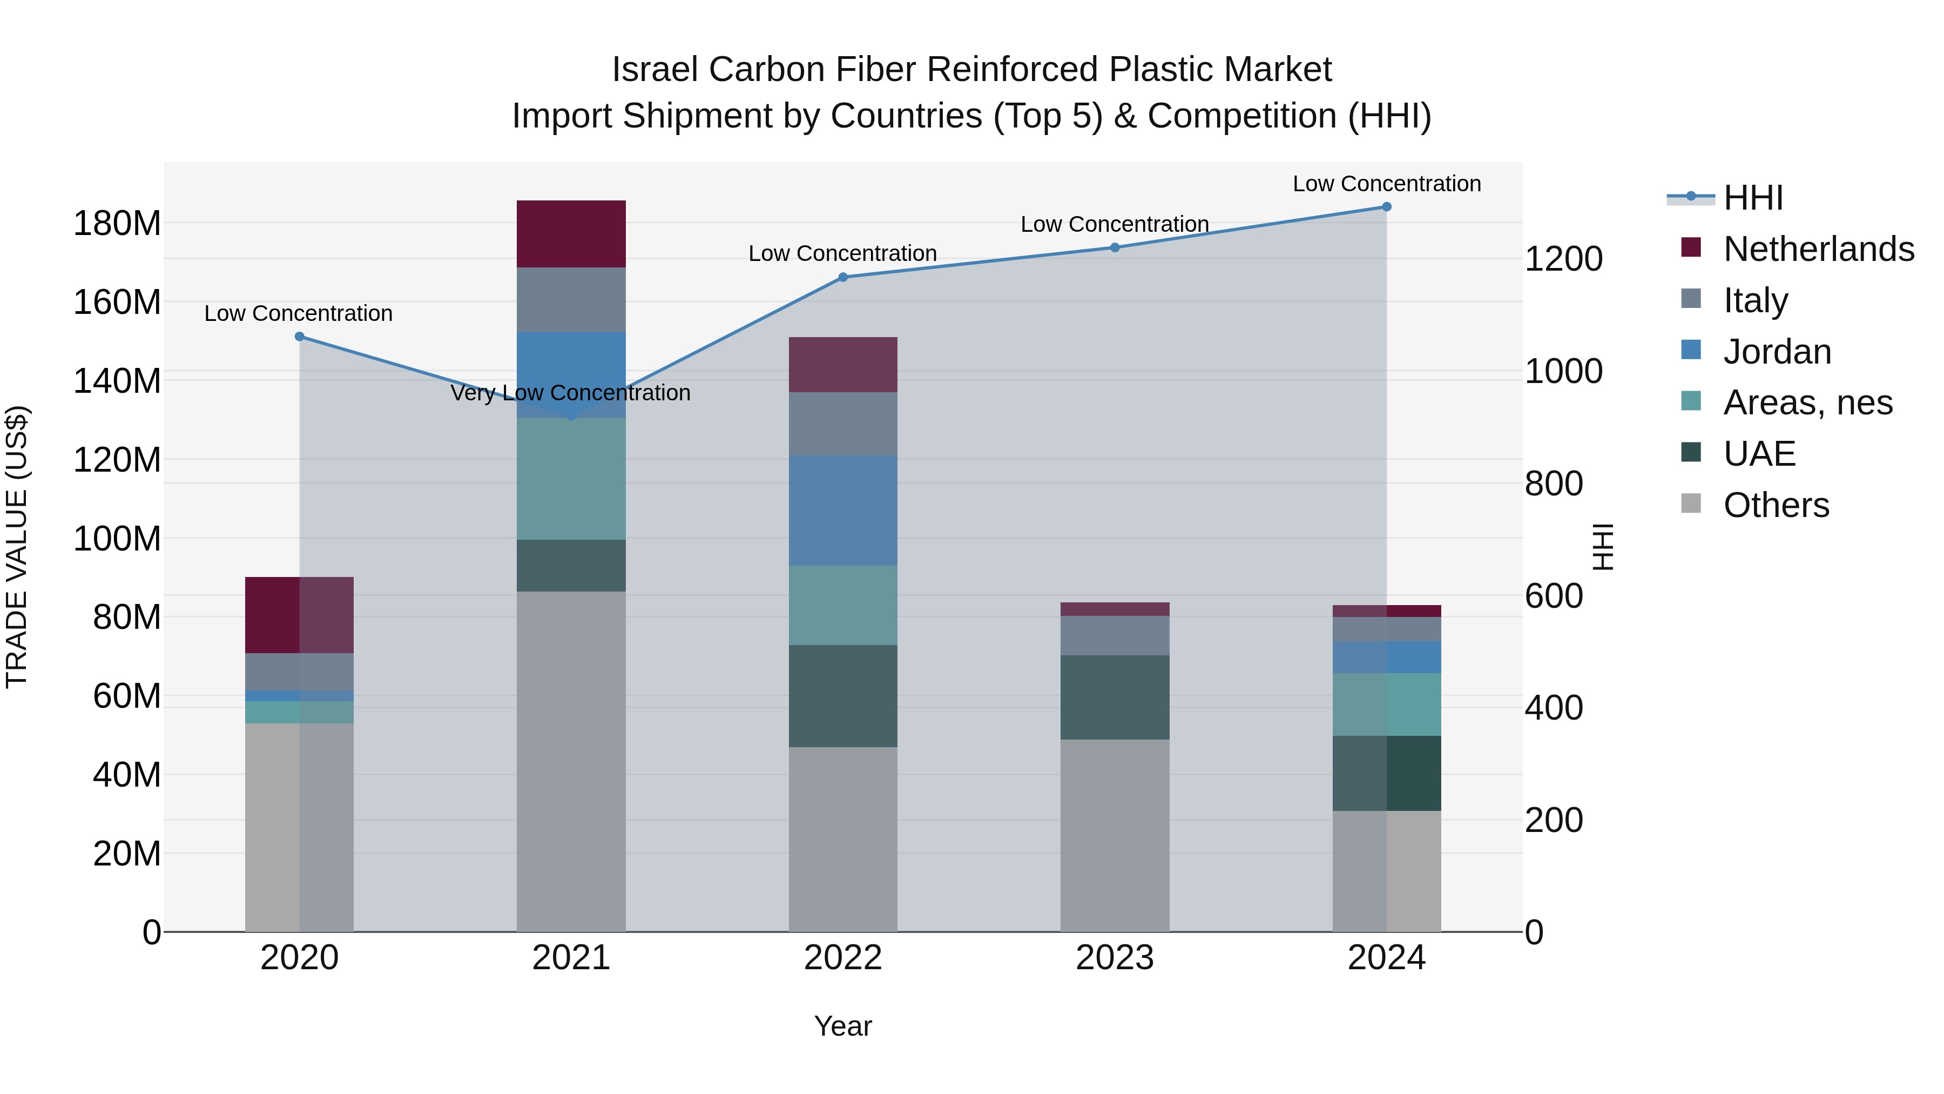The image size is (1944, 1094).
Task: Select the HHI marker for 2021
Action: (x=571, y=416)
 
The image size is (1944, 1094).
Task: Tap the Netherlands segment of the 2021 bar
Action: (x=571, y=234)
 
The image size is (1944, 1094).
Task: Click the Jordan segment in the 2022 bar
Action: (x=843, y=511)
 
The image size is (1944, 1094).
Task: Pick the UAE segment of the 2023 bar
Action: (x=1115, y=697)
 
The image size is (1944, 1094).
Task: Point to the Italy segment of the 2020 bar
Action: (x=300, y=672)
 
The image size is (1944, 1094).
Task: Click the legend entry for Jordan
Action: (x=1777, y=352)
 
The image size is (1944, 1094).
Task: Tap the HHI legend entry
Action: (x=1752, y=198)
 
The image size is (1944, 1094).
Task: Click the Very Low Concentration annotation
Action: (x=571, y=393)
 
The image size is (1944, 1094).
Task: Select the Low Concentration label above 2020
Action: (x=298, y=313)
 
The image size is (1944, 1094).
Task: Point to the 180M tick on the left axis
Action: (x=117, y=224)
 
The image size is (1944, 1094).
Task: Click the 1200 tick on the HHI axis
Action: (x=1563, y=259)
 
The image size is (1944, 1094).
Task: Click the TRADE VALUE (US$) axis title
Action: (x=17, y=547)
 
